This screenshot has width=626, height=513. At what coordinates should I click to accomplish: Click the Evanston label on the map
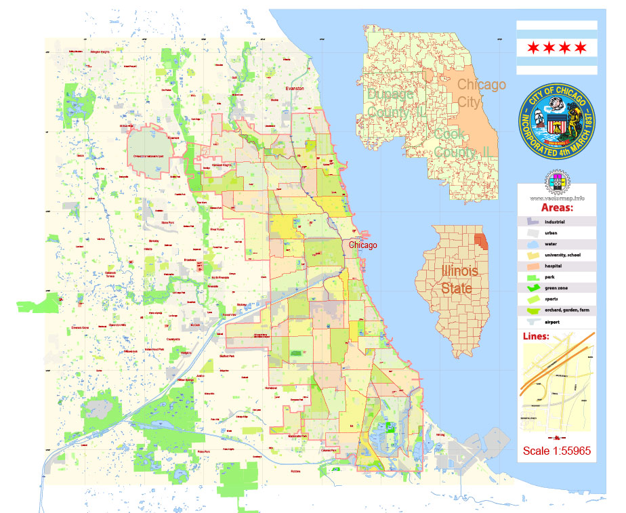pyautogui.click(x=295, y=88)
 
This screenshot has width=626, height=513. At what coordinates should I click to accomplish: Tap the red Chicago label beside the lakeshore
pyautogui.click(x=363, y=245)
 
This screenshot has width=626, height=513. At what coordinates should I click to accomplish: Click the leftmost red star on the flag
pyautogui.click(x=533, y=47)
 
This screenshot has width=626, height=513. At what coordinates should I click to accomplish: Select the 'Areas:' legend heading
pyautogui.click(x=557, y=207)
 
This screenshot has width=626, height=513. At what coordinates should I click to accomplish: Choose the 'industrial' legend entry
pyautogui.click(x=554, y=222)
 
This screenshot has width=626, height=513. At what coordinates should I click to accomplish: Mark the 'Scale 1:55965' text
pyautogui.click(x=556, y=451)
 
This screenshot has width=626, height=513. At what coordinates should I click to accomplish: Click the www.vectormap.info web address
pyautogui.click(x=557, y=198)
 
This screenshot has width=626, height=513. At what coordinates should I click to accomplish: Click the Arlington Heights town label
pyautogui.click(x=100, y=52)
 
